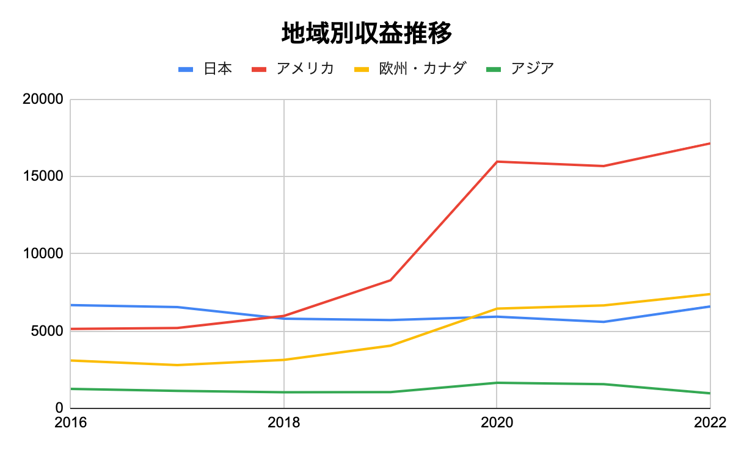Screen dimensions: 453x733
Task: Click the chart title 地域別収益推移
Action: (366, 34)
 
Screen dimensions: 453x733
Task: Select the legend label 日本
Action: (217, 68)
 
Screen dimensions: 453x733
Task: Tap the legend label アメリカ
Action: (305, 68)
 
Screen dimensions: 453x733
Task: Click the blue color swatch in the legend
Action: (186, 69)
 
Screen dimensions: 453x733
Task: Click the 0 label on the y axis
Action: (59, 408)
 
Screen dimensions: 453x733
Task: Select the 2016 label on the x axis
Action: (71, 422)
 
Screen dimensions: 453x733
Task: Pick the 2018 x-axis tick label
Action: (284, 422)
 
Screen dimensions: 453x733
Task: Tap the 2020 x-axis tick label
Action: (497, 422)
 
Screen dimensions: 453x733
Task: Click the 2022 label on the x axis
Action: (709, 422)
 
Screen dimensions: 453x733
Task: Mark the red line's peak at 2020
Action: (497, 162)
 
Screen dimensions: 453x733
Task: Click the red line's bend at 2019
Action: (390, 280)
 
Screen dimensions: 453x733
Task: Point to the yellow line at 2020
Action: (497, 308)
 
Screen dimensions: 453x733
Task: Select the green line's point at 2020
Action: (497, 383)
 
